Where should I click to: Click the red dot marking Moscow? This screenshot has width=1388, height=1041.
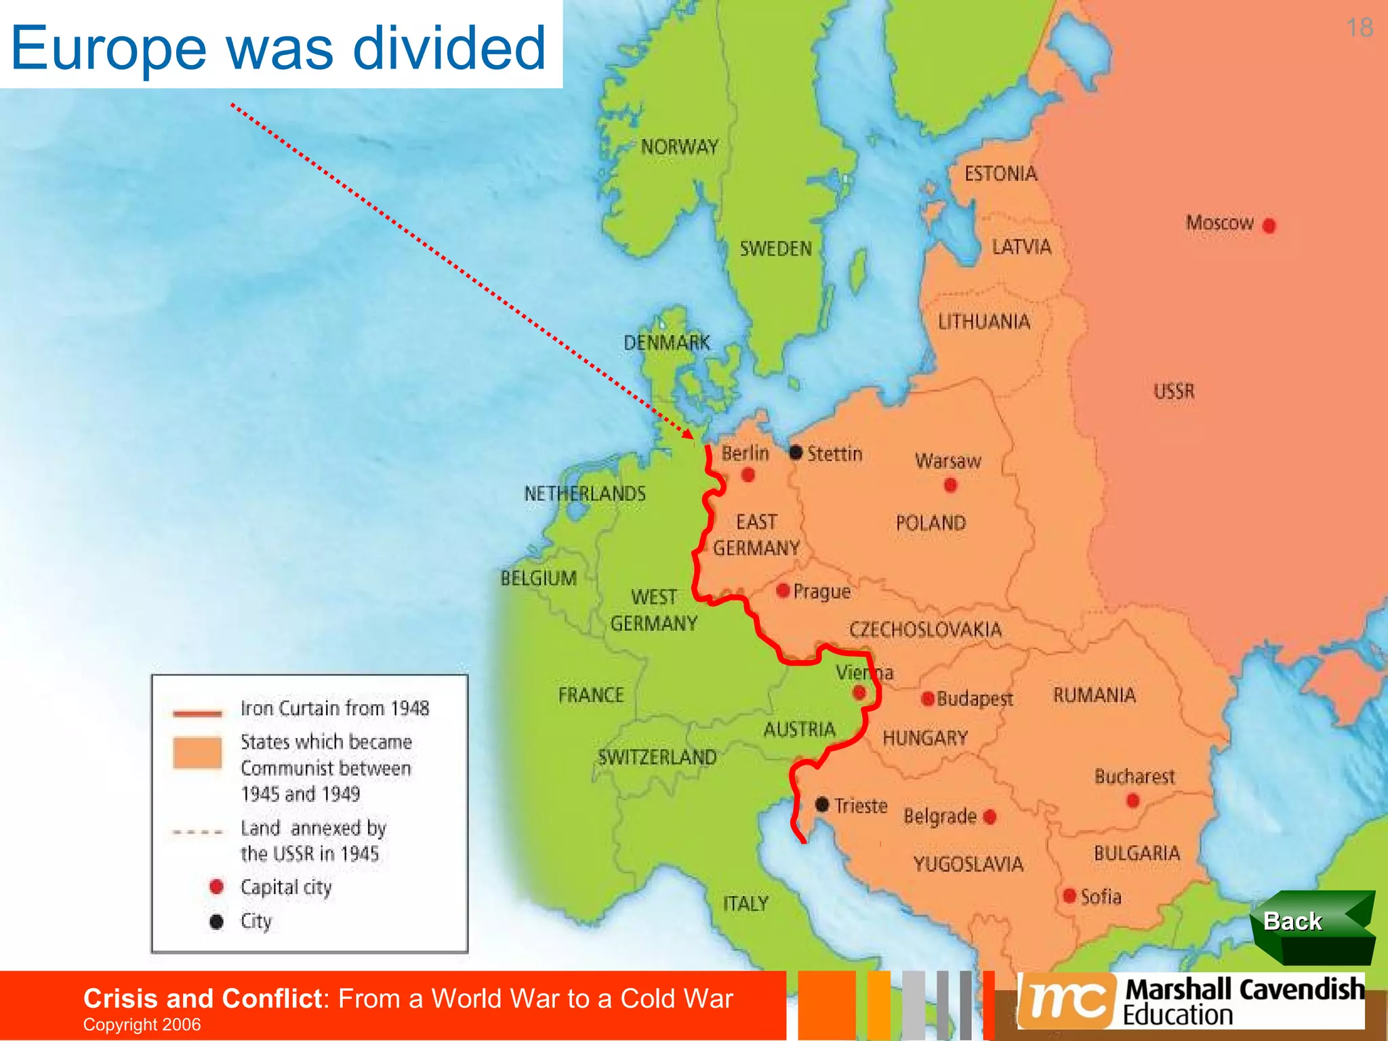(1269, 226)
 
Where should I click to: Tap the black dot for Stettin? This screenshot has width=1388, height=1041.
(796, 452)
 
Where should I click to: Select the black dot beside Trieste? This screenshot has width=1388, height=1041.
(822, 804)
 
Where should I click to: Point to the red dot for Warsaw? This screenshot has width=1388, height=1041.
(950, 485)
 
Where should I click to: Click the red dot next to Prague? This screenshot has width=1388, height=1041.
(783, 591)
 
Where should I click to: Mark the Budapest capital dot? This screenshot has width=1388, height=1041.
(928, 699)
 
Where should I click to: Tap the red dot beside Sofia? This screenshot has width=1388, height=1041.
(1069, 896)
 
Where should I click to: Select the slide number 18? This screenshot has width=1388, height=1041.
(1360, 28)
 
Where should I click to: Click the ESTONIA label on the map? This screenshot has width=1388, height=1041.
(1000, 174)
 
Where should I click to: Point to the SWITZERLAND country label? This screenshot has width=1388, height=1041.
(657, 757)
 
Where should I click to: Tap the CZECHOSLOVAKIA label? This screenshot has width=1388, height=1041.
(925, 630)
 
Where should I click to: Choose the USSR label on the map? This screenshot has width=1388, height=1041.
(1174, 391)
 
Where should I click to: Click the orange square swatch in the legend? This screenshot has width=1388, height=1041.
(197, 753)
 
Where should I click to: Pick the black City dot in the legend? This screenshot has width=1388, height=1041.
(217, 922)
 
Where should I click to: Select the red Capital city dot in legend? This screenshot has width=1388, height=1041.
(217, 886)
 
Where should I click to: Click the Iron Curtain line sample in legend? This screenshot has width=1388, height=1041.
(197, 713)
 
